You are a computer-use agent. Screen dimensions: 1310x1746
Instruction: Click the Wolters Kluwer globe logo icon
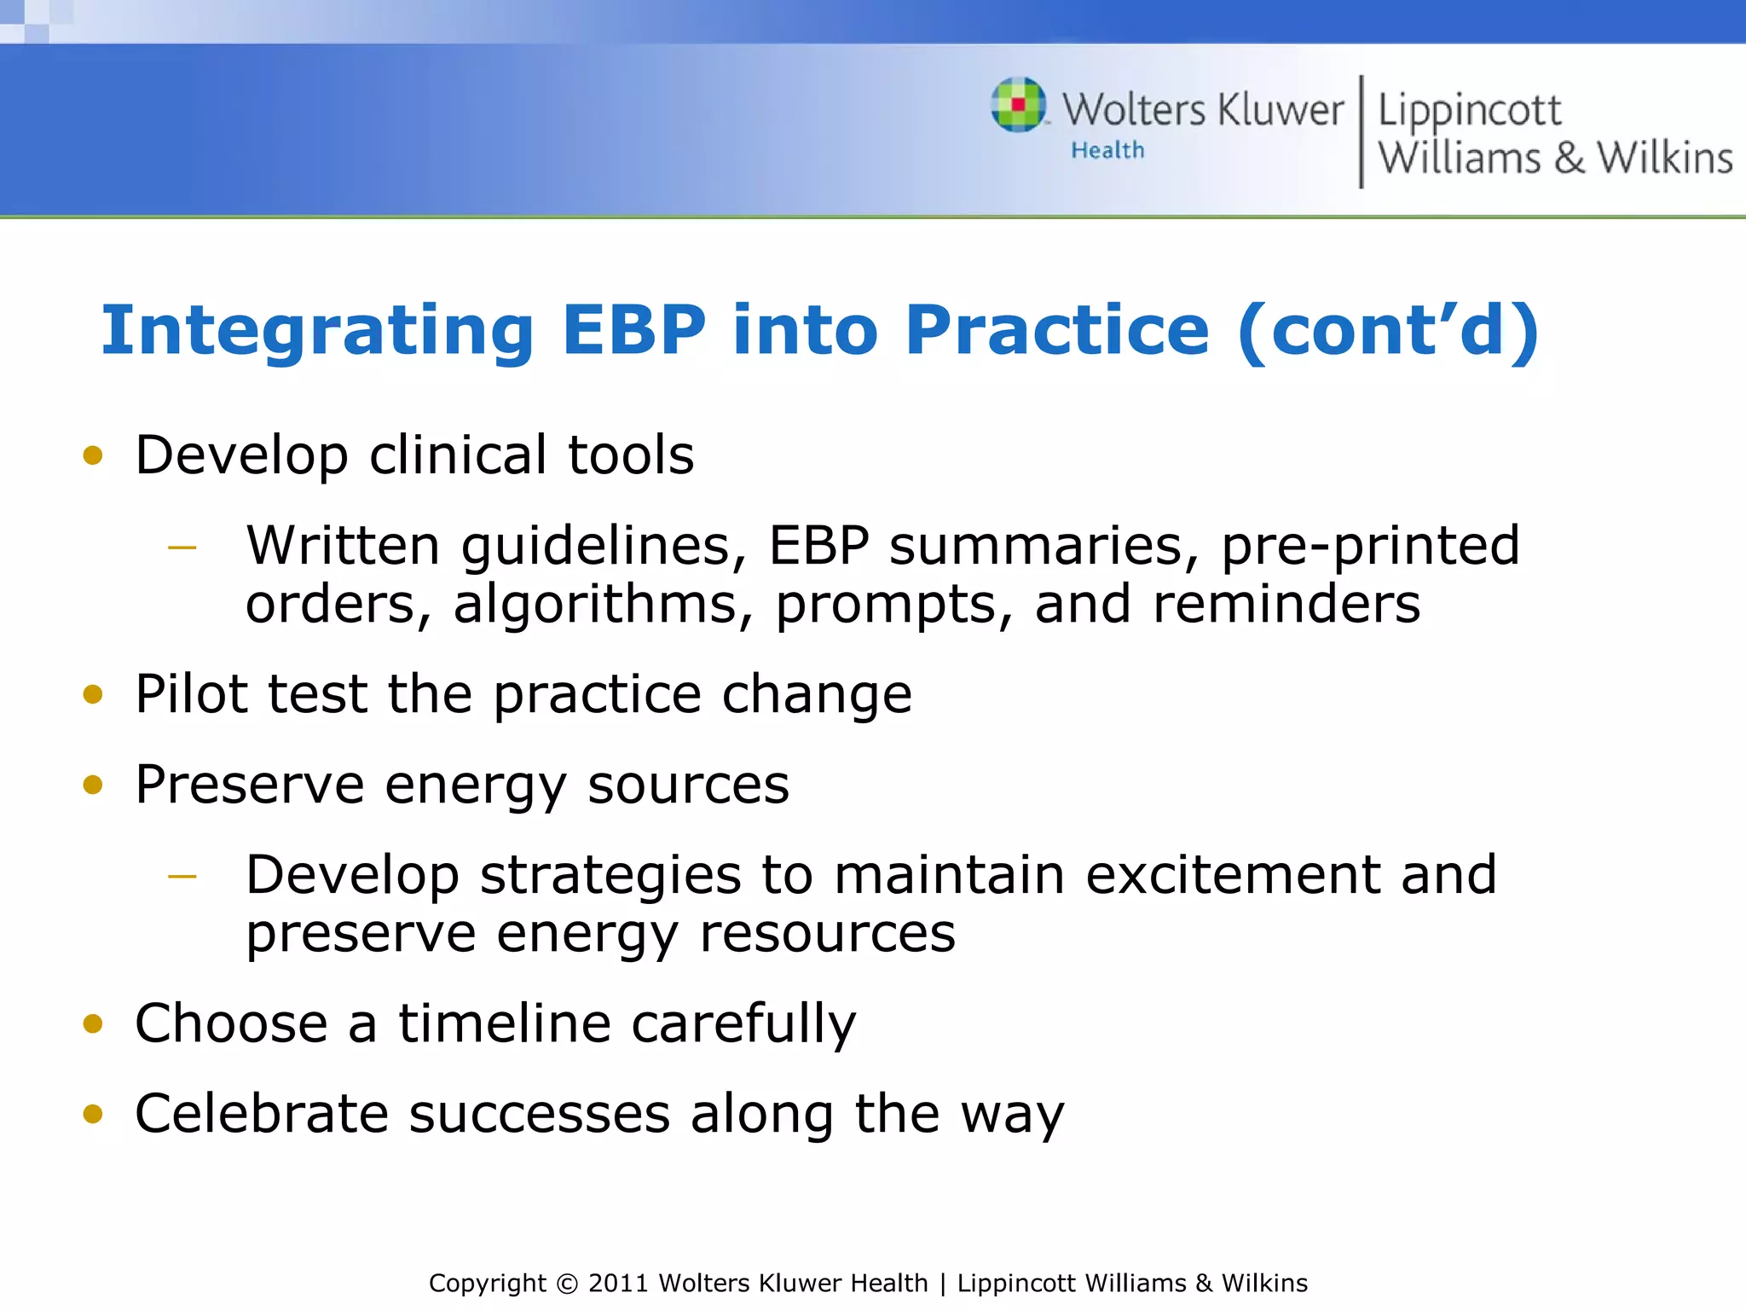coord(1018,105)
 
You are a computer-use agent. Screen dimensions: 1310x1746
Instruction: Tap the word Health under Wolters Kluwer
coord(1107,150)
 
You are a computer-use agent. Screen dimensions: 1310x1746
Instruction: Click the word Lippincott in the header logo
coord(1470,111)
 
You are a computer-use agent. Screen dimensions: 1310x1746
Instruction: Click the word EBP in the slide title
coord(633,330)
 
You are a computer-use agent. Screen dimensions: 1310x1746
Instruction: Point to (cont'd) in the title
coord(1388,330)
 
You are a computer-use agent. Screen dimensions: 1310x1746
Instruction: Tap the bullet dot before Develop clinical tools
coord(93,455)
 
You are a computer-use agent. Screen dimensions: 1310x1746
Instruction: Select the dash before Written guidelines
coord(182,548)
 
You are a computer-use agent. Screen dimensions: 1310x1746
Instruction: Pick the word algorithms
coord(603,606)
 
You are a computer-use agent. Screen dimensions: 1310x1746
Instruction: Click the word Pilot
coord(191,693)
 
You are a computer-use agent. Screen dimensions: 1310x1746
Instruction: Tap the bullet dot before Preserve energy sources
coord(93,785)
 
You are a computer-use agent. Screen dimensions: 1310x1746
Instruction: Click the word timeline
coord(505,1023)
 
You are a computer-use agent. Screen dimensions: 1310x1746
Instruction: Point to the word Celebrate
coord(262,1114)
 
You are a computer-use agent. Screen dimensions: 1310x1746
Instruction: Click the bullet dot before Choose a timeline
coord(93,1023)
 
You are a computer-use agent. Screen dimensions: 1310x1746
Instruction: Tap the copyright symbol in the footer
coord(567,1284)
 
